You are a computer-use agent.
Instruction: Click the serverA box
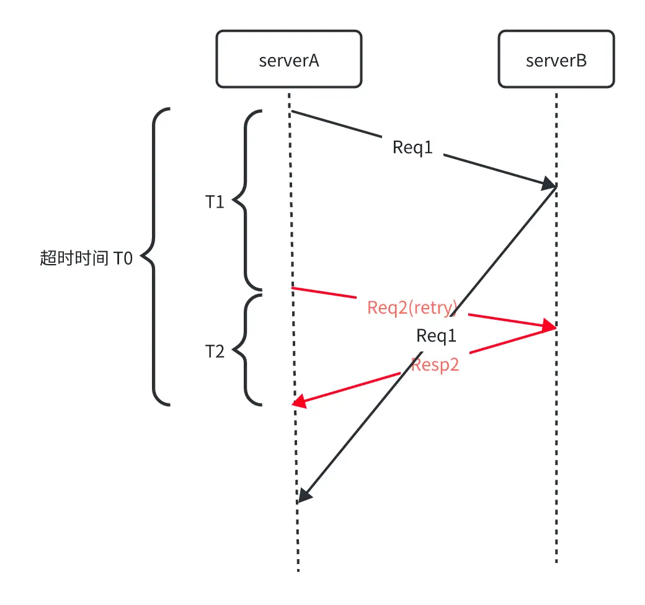pos(288,60)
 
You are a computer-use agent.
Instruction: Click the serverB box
pos(556,60)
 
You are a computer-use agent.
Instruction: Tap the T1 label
pos(215,202)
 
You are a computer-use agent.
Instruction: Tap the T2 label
pos(215,352)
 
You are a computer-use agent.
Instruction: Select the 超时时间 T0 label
pos(86,258)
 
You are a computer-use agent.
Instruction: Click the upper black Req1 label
pos(412,148)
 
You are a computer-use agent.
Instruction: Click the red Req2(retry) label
pos(412,307)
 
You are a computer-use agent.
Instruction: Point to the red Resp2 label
pos(435,364)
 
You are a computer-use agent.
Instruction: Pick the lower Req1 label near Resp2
pos(437,336)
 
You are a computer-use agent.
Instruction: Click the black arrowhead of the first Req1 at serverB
pos(549,183)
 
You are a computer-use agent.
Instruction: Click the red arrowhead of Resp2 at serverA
pos(299,402)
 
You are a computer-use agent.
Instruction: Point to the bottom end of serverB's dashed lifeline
pos(556,561)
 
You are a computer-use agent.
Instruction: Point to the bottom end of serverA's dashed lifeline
pos(298,569)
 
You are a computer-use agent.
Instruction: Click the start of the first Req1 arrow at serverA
pos(291,112)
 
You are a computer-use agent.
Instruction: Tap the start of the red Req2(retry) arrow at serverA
pos(293,288)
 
